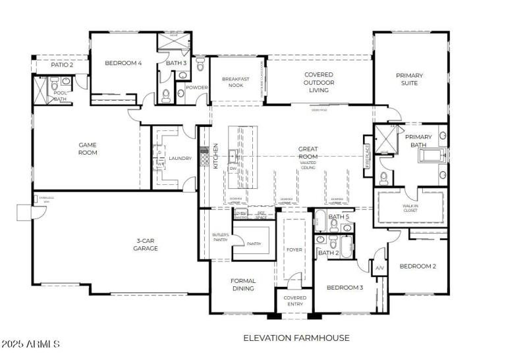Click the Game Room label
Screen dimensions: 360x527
(88, 149)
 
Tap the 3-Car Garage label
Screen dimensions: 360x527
(146, 244)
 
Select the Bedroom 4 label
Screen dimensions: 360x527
(123, 63)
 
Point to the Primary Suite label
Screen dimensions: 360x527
(409, 80)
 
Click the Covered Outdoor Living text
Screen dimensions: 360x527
(318, 82)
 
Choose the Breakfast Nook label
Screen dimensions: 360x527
(235, 82)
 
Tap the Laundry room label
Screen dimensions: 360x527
(180, 159)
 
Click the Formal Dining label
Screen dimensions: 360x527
(243, 284)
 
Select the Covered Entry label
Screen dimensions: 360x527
(294, 301)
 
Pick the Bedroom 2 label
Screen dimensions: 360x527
(418, 266)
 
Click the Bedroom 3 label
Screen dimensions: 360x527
(345, 287)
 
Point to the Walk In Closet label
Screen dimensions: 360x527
(410, 209)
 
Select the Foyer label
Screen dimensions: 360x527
(294, 249)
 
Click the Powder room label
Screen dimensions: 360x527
(196, 88)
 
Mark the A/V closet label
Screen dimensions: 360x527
(379, 269)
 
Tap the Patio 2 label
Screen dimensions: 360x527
(62, 64)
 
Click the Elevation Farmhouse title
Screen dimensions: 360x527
(296, 338)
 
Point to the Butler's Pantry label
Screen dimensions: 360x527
(220, 238)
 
